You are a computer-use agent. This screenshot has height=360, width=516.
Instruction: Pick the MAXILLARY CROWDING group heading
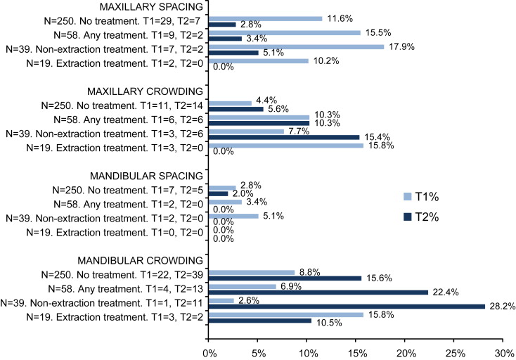(x=144, y=91)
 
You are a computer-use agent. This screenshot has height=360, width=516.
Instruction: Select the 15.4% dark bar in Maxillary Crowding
(x=285, y=137)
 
